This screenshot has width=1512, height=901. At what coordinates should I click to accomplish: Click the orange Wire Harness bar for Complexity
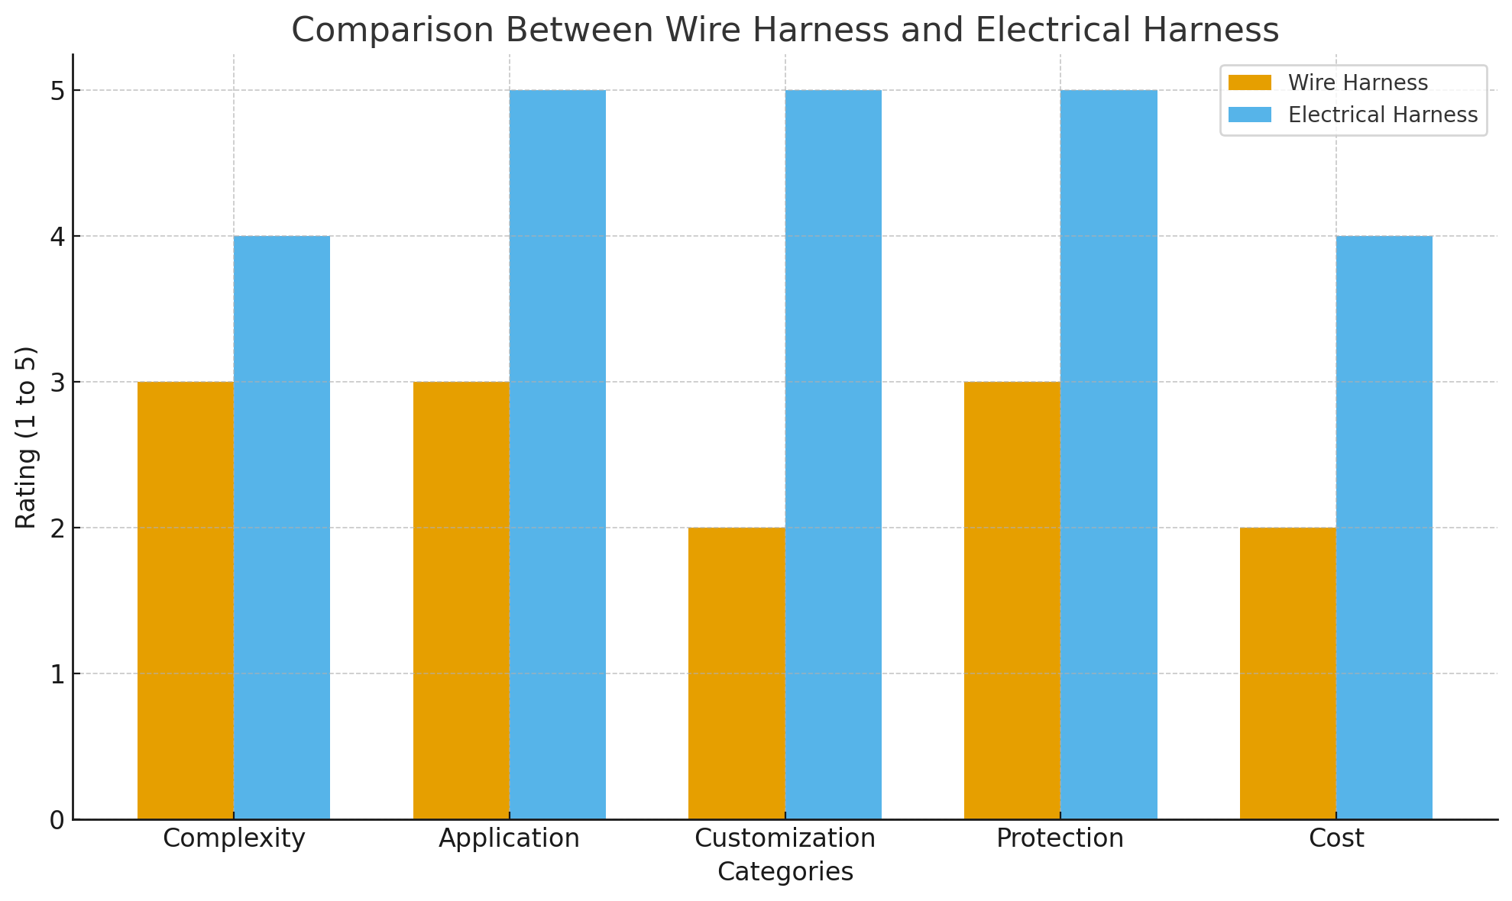pyautogui.click(x=186, y=600)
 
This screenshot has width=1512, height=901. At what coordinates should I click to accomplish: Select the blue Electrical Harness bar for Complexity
pyautogui.click(x=282, y=528)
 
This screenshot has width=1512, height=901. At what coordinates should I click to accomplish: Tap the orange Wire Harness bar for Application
pyautogui.click(x=461, y=600)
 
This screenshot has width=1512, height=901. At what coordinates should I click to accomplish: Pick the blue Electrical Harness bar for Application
pyautogui.click(x=558, y=455)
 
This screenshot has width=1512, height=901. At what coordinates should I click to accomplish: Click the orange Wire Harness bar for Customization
pyautogui.click(x=737, y=673)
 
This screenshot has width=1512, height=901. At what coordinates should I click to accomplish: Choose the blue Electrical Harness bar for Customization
pyautogui.click(x=834, y=455)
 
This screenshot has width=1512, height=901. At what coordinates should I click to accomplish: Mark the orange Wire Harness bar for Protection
pyautogui.click(x=1012, y=600)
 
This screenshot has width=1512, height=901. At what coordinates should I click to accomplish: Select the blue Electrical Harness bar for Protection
pyautogui.click(x=1109, y=455)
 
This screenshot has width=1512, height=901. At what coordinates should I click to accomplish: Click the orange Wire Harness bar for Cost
pyautogui.click(x=1288, y=673)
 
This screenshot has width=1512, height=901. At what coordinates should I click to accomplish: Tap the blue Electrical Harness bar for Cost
pyautogui.click(x=1384, y=528)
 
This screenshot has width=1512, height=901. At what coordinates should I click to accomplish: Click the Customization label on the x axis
pyautogui.click(x=785, y=838)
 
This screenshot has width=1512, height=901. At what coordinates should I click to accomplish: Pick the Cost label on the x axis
pyautogui.click(x=1336, y=838)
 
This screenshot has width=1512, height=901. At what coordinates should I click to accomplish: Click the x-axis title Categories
pyautogui.click(x=785, y=872)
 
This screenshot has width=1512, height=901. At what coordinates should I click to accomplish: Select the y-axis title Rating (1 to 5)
pyautogui.click(x=27, y=437)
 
